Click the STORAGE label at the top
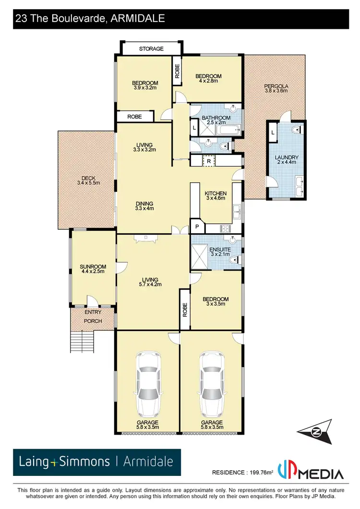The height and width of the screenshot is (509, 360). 151,48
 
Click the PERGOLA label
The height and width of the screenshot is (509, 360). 276,87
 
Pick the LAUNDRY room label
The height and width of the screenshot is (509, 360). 287,157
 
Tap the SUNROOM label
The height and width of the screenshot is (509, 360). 93,267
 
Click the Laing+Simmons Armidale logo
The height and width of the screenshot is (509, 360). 96,462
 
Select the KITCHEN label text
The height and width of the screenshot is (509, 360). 216,193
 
